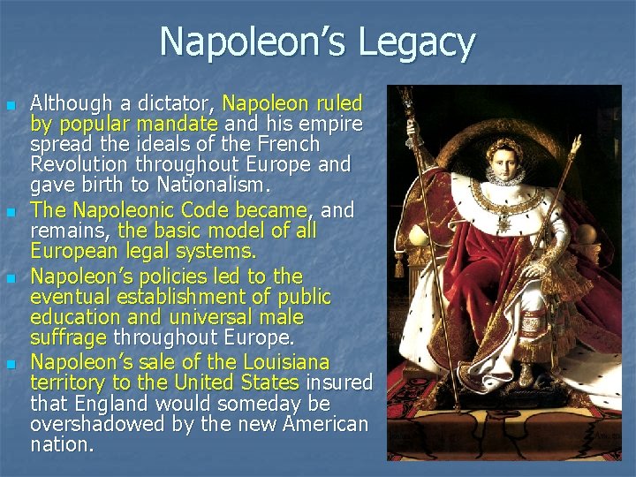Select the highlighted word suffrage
68,337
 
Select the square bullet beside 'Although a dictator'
10,105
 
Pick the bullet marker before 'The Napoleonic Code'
10,213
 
